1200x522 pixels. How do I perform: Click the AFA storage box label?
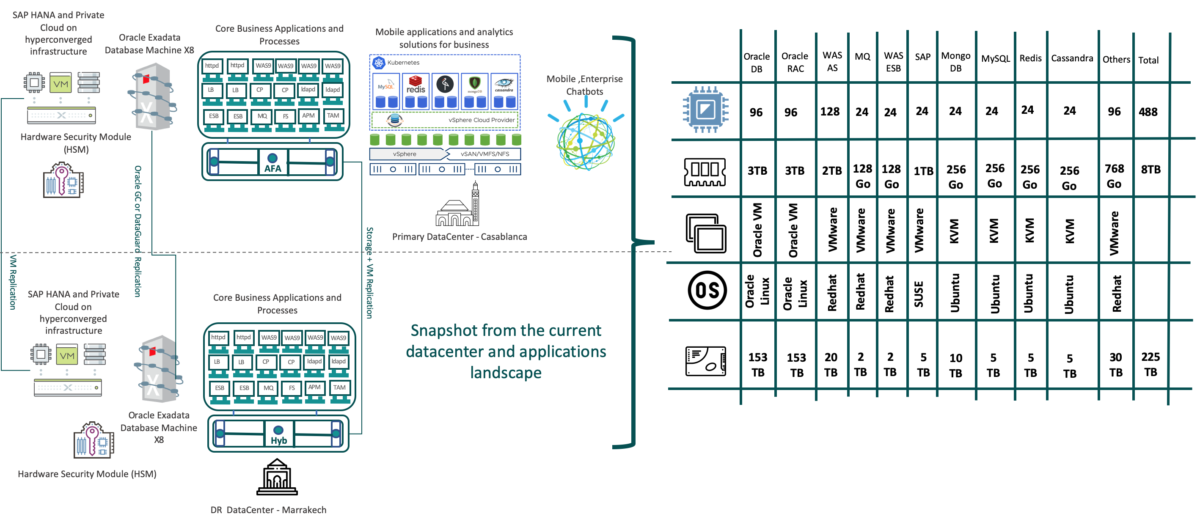pyautogui.click(x=272, y=168)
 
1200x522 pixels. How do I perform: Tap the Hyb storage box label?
pyautogui.click(x=278, y=440)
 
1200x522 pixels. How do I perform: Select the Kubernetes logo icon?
pyautogui.click(x=379, y=63)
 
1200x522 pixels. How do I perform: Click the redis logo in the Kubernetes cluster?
pyautogui.click(x=416, y=85)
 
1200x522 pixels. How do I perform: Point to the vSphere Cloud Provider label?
pyautogui.click(x=481, y=120)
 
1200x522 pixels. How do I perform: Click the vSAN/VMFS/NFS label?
pyautogui.click(x=484, y=154)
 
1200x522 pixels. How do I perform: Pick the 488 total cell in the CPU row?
pyautogui.click(x=1148, y=112)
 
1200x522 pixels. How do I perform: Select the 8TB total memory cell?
pyautogui.click(x=1150, y=170)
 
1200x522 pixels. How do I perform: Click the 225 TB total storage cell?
pyautogui.click(x=1150, y=364)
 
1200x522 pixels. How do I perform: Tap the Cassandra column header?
pyautogui.click(x=1072, y=58)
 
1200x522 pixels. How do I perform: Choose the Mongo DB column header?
pyautogui.click(x=955, y=61)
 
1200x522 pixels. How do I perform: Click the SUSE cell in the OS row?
pyautogui.click(x=919, y=294)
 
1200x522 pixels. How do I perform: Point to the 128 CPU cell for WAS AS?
pyautogui.click(x=830, y=112)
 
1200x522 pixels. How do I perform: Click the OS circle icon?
pyautogui.click(x=707, y=291)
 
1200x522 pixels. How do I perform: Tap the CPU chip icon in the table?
pyautogui.click(x=705, y=110)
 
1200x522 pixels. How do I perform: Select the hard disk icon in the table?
pyautogui.click(x=705, y=361)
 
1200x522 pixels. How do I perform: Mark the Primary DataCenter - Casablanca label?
pyautogui.click(x=460, y=236)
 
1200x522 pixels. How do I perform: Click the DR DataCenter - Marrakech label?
pyautogui.click(x=268, y=510)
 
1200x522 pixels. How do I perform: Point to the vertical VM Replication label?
pyautogui.click(x=13, y=282)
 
